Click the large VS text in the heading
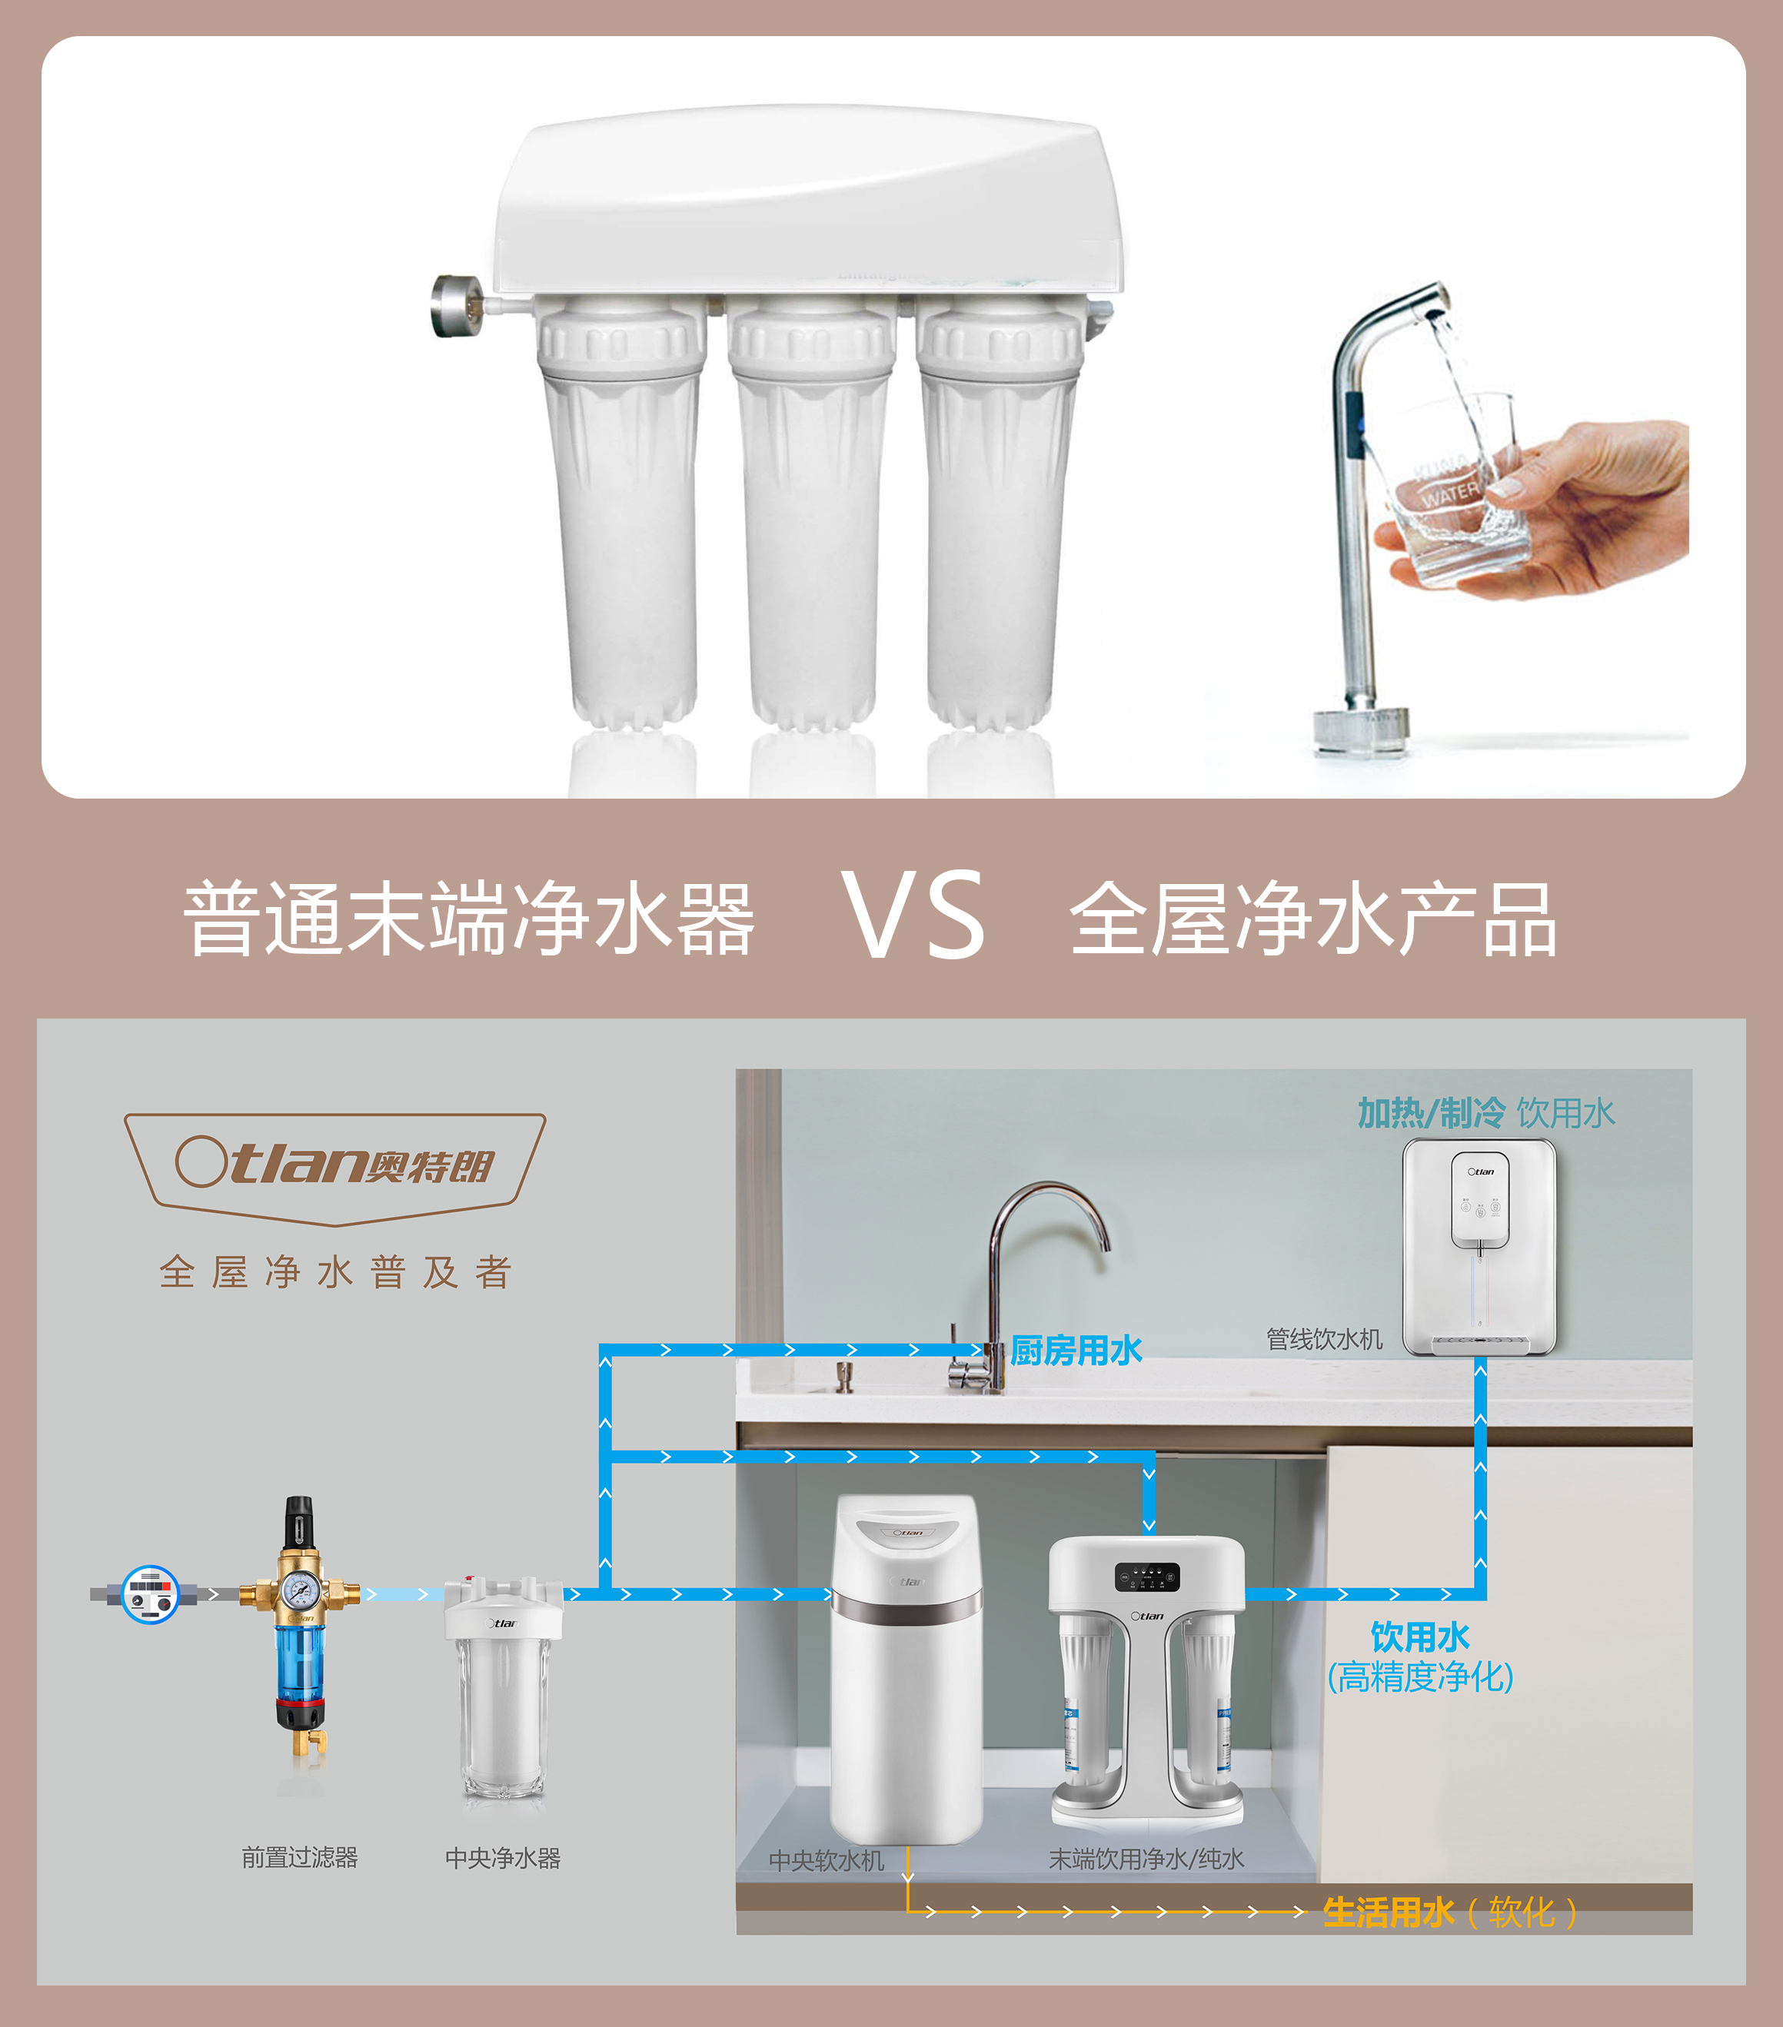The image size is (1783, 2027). pos(913,914)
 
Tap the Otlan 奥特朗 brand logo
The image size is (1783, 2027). pos(334,1167)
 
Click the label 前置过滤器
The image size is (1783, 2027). pos(300,1857)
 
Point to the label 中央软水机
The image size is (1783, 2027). pos(826,1860)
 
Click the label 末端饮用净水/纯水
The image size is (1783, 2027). pos(1146,1859)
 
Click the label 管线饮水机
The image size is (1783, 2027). pos(1324,1339)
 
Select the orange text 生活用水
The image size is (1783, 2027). pos(1389,1912)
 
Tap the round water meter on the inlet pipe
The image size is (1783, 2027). pos(150,1593)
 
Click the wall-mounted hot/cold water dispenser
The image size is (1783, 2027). pos(1479,1247)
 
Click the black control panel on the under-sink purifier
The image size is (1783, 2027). pos(1146,1577)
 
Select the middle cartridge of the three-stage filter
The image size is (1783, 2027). pos(812,516)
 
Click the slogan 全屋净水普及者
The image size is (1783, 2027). pos(335,1271)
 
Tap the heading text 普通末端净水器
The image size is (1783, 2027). pos(469,919)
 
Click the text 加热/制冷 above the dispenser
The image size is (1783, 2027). pos(1431,1114)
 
